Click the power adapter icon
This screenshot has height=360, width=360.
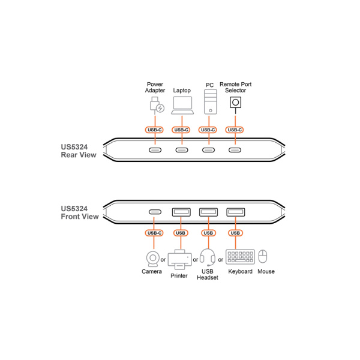[157, 105]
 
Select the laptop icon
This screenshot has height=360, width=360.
[182, 106]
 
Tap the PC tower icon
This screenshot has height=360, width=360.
[211, 102]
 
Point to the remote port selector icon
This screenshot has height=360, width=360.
[236, 103]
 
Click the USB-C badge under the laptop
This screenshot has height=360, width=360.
[181, 130]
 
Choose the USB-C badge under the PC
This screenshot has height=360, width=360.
[208, 130]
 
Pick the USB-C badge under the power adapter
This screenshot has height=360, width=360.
[154, 130]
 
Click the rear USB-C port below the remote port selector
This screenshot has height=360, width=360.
[235, 150]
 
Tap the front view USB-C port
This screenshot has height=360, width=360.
[155, 212]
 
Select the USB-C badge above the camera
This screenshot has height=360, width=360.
[154, 233]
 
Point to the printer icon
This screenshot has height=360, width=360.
[180, 260]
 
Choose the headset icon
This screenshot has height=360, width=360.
[208, 257]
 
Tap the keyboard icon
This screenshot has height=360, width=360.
[240, 257]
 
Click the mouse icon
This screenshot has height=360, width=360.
[263, 256]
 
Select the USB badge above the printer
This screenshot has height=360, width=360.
[181, 233]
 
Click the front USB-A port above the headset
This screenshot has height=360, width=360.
[208, 212]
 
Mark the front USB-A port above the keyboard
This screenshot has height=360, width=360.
[236, 212]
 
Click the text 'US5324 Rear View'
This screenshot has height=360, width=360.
[79, 151]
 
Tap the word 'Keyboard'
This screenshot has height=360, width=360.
[240, 272]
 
